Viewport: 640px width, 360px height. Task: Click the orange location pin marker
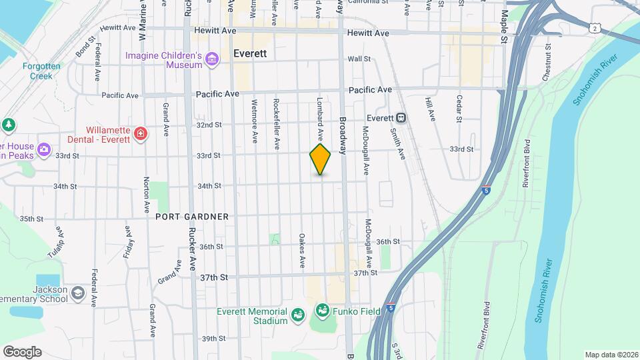click(x=321, y=159)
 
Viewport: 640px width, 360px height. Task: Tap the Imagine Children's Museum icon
click(x=212, y=60)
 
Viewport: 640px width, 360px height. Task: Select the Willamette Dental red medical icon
click(x=141, y=134)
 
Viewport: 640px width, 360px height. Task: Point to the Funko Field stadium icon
click(x=322, y=311)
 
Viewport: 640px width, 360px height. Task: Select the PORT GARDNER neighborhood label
click(x=192, y=217)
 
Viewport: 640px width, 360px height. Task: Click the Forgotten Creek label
click(x=41, y=71)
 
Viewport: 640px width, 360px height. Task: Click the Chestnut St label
click(x=546, y=64)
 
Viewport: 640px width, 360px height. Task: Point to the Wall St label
click(x=359, y=59)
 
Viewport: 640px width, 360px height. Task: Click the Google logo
click(x=22, y=352)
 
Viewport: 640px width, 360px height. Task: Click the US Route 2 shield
click(x=594, y=28)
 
